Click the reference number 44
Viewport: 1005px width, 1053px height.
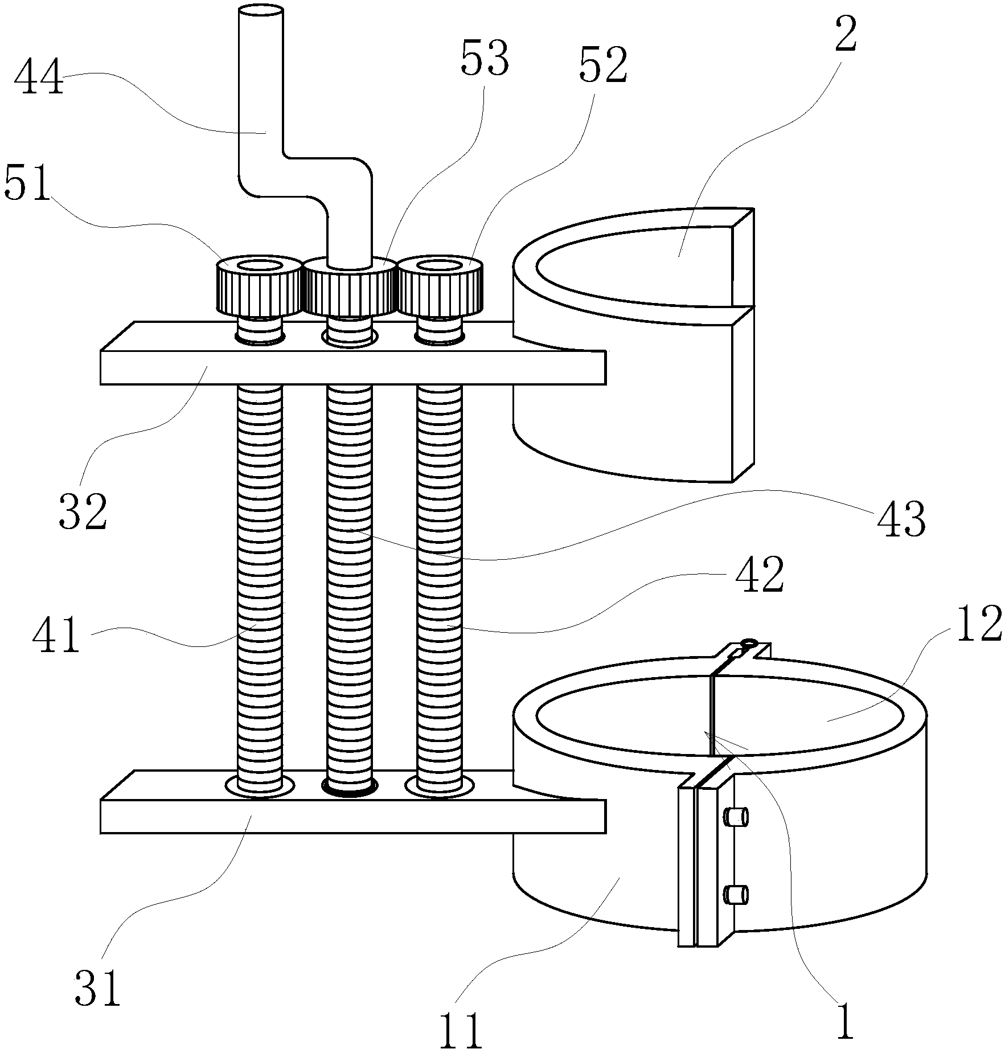click(39, 79)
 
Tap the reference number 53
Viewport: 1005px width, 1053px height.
click(485, 60)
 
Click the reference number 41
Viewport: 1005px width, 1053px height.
click(55, 636)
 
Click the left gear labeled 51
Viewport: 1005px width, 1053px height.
click(259, 285)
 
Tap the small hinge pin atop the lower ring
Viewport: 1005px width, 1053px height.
click(748, 644)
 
